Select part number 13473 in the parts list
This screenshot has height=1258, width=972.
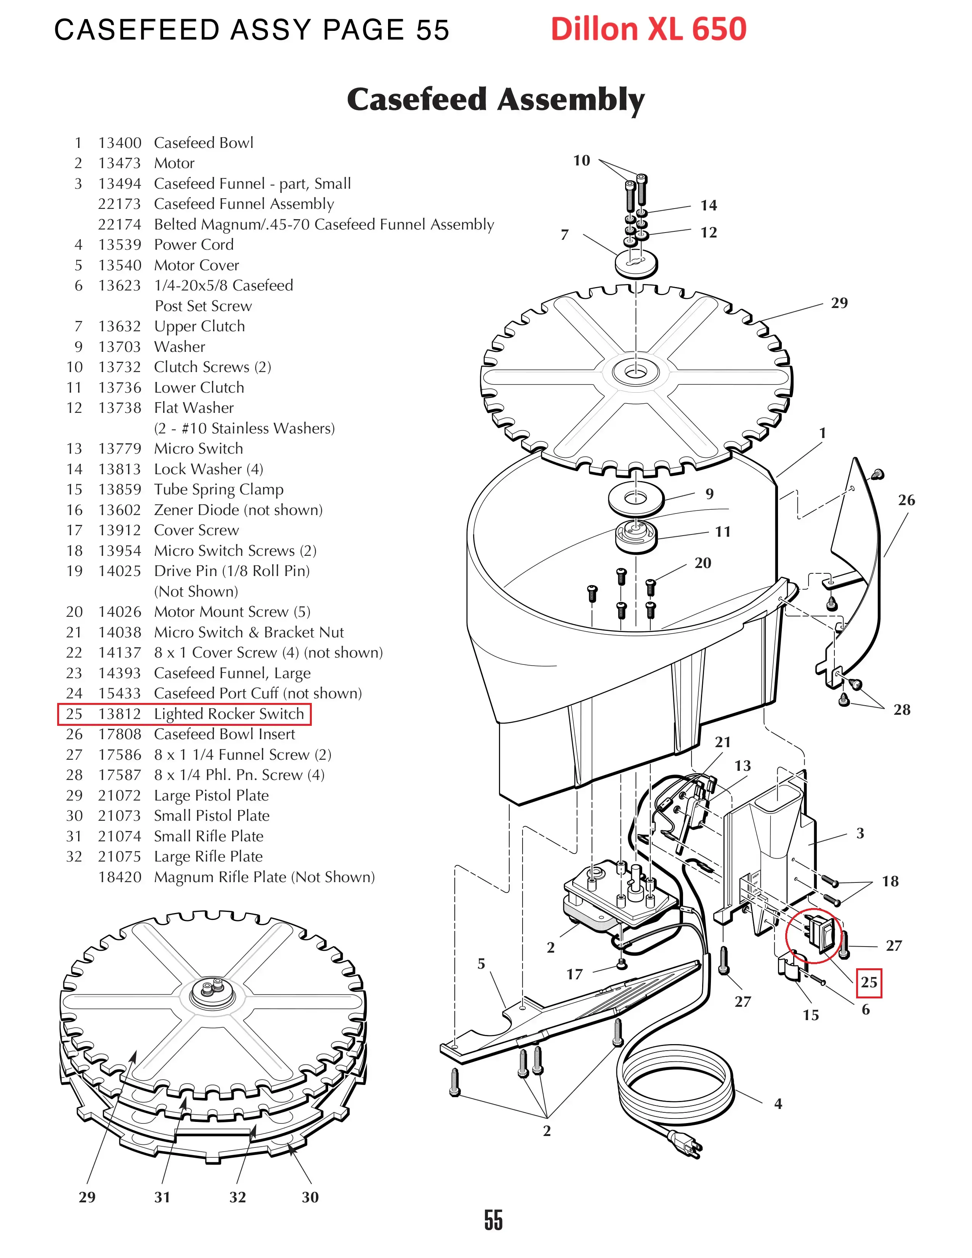[x=119, y=163]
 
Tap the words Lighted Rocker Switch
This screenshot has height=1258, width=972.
[x=229, y=714]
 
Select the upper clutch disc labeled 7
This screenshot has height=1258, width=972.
[x=636, y=263]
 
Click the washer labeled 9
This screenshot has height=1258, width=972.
[x=636, y=497]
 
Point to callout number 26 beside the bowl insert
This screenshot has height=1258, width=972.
[x=906, y=500]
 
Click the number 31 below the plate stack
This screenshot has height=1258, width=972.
[x=162, y=1197]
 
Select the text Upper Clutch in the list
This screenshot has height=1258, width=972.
[x=199, y=326]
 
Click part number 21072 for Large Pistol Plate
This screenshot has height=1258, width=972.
[x=119, y=796]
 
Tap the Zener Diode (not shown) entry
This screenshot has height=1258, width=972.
[x=238, y=510]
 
